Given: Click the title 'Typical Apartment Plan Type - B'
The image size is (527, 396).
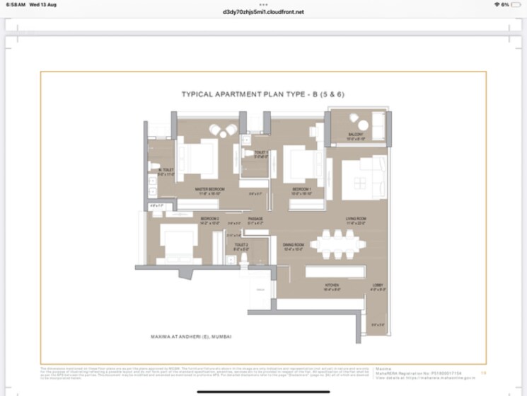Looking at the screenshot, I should click(x=263, y=94).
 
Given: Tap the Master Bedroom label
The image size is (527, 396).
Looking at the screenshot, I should click(x=210, y=189).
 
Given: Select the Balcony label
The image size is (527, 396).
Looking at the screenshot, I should click(x=355, y=135).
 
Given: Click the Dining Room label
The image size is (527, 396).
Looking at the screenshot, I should click(x=294, y=245).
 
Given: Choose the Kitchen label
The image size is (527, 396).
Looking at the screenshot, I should click(x=313, y=287).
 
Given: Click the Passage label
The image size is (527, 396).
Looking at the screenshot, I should click(x=255, y=219).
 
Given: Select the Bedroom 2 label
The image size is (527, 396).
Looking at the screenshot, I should click(x=210, y=219).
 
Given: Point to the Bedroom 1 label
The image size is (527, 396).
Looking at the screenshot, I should click(x=302, y=189).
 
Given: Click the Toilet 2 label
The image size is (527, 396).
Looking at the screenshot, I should click(x=241, y=246).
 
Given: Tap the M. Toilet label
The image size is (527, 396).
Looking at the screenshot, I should click(x=166, y=170).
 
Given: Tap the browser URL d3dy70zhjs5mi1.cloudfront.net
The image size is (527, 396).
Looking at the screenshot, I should click(x=263, y=12).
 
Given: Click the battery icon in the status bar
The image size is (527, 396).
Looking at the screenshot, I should click(x=516, y=4).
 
